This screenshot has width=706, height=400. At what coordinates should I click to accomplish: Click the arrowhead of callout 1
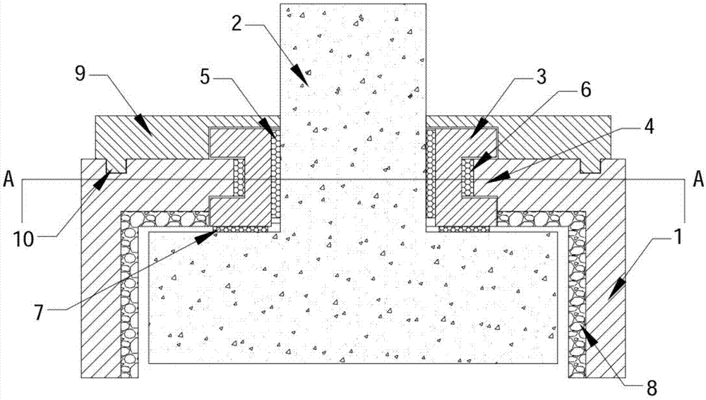[616, 285]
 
